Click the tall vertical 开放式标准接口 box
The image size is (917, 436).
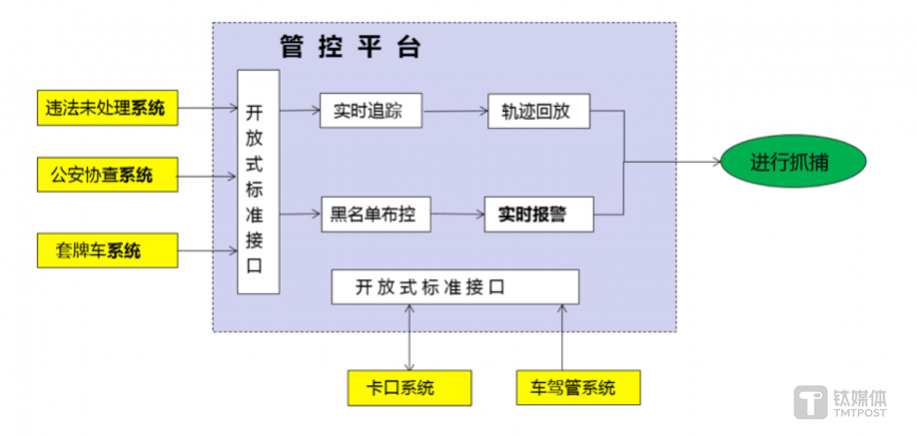pyautogui.click(x=258, y=182)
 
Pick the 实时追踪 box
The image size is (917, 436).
pyautogui.click(x=371, y=111)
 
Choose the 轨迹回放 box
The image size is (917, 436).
pyautogui.click(x=539, y=111)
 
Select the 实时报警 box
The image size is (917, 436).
pyautogui.click(x=539, y=214)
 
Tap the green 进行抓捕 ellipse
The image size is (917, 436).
pyautogui.click(x=793, y=162)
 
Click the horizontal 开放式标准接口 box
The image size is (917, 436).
pyautogui.click(x=455, y=287)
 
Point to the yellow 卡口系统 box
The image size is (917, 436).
pyautogui.click(x=409, y=388)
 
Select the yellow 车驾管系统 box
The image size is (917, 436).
pyautogui.click(x=578, y=388)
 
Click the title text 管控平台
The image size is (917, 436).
pyautogui.click(x=351, y=47)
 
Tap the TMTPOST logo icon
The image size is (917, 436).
pyautogui.click(x=811, y=402)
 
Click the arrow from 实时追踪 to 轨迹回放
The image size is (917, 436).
pyautogui.click(x=455, y=111)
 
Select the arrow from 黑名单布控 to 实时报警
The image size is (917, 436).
pyautogui.click(x=457, y=214)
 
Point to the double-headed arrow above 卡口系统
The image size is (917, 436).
pyautogui.click(x=409, y=337)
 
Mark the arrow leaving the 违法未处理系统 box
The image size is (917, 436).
pyautogui.click(x=207, y=108)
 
